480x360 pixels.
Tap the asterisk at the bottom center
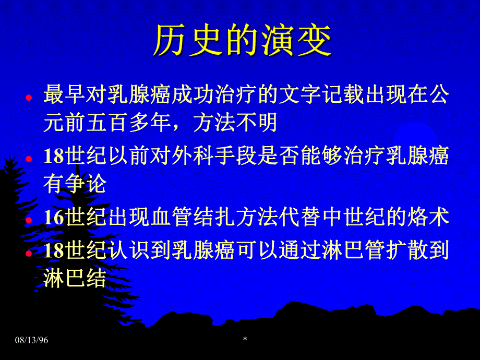click(x=245, y=340)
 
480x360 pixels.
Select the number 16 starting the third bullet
click(x=53, y=217)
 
